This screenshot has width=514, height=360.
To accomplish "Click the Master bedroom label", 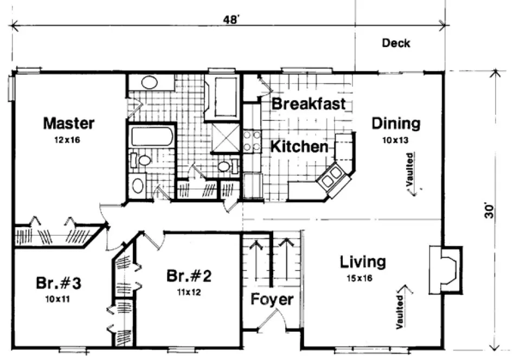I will coord(69,124).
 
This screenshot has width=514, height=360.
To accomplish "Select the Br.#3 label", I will coord(59,282).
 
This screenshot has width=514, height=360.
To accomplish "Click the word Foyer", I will coord(272,299).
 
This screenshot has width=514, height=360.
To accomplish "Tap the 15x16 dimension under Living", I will coord(362,279).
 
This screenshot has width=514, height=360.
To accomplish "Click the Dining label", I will coord(395,124).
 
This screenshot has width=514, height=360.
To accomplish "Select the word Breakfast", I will coord(308,104).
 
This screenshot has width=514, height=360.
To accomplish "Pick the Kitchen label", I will coord(299,146).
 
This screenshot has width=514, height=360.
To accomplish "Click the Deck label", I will coord(396,43).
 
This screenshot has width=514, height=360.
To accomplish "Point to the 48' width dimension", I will coord(232,19).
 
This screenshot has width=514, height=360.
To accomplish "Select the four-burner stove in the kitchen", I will coord(251,140).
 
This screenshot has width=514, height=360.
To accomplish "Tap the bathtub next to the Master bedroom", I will coord(152,136).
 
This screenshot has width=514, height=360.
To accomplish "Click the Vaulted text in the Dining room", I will coord(410,170).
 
